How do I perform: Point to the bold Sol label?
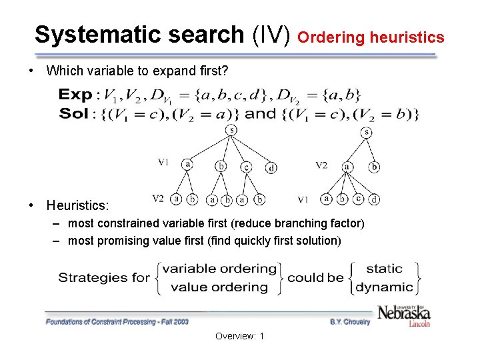pyautogui.click(x=74, y=113)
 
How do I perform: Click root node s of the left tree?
pyautogui.click(x=231, y=131)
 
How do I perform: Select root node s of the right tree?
pyautogui.click(x=367, y=133)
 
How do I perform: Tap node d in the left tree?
pyautogui.click(x=271, y=167)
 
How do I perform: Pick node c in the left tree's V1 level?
pyautogui.click(x=246, y=167)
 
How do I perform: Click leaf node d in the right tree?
pyautogui.click(x=375, y=199)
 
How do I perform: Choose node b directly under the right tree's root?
pyautogui.click(x=374, y=167)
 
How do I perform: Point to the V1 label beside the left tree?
pyautogui.click(x=163, y=162)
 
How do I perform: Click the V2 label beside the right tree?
pyautogui.click(x=321, y=165)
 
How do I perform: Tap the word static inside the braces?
pyautogui.click(x=385, y=269)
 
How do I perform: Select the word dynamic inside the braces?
pyautogui.click(x=385, y=287)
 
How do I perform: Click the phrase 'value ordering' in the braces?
pyautogui.click(x=219, y=287)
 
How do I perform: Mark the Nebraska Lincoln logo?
pyautogui.click(x=404, y=315)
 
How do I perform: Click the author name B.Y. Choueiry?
pyautogui.click(x=349, y=321)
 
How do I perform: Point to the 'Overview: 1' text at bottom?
pyautogui.click(x=239, y=336)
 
